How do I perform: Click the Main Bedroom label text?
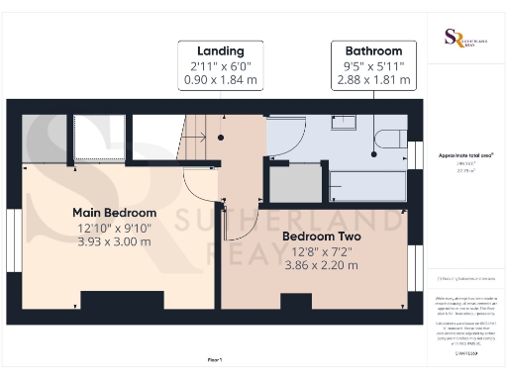115,213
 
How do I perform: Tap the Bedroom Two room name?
322,237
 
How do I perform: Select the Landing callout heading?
220,50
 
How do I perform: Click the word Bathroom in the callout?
372,50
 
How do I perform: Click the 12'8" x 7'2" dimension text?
322,252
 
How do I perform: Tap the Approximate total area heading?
465,155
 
